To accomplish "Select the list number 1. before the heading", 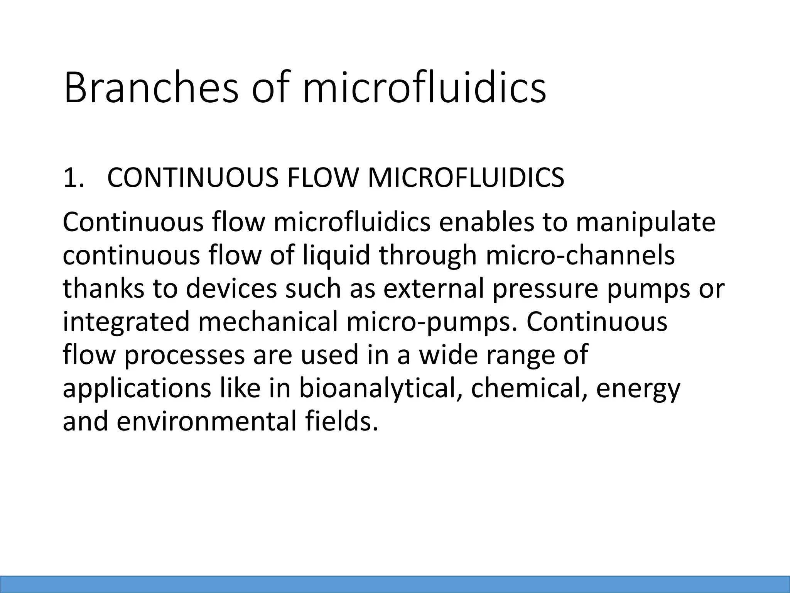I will click(73, 178).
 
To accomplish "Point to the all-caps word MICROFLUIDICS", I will click(466, 178).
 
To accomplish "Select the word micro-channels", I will click(581, 256).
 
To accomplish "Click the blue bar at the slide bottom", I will click(395, 584).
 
